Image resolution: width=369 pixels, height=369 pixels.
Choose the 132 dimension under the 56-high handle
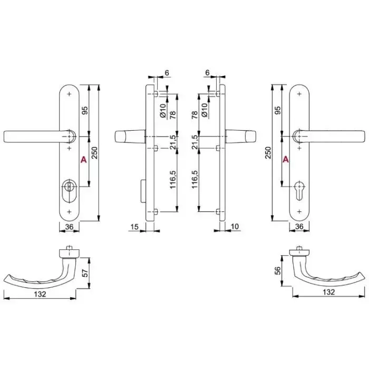click(x=328, y=292)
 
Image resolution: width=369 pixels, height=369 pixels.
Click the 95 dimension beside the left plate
click(x=85, y=110)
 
